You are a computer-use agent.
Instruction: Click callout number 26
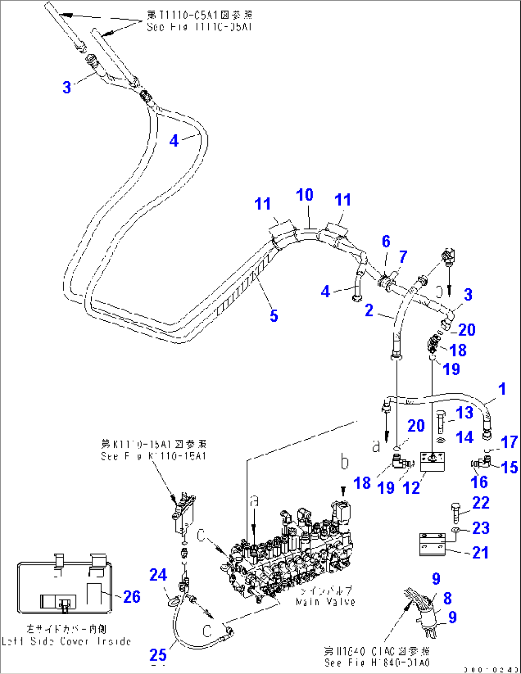[132, 597]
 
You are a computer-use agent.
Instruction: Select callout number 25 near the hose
[158, 654]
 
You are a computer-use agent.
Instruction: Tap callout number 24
[158, 575]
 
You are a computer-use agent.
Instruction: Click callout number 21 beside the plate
[480, 553]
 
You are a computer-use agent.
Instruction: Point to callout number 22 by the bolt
[481, 502]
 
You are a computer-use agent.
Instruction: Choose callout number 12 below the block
[412, 488]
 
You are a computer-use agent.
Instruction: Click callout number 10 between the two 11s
[304, 195]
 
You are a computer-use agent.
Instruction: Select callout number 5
[273, 315]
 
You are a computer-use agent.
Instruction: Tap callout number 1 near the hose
[502, 389]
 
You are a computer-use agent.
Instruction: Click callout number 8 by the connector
[447, 598]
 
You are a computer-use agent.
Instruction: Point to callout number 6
[386, 241]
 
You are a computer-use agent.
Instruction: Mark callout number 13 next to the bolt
[464, 413]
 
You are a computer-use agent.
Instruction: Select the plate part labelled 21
[432, 545]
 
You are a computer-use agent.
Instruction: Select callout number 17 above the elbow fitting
[509, 442]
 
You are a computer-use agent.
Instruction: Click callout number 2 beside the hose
[369, 310]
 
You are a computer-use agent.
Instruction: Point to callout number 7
[403, 257]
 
